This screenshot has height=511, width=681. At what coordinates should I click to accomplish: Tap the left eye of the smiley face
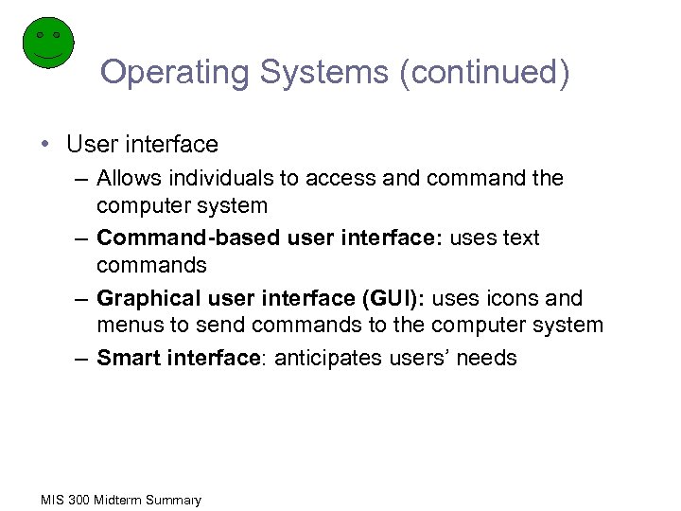point(40,35)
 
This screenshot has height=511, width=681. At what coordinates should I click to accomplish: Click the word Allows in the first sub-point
point(128,178)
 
